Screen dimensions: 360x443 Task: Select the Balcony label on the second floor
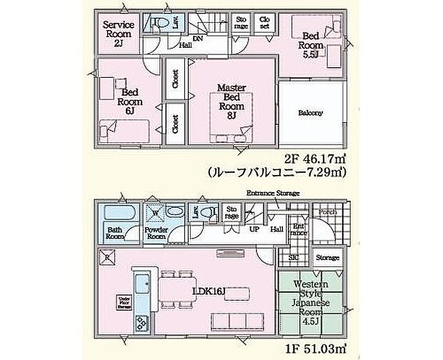click(310, 113)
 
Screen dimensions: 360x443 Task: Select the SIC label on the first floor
click(294, 258)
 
